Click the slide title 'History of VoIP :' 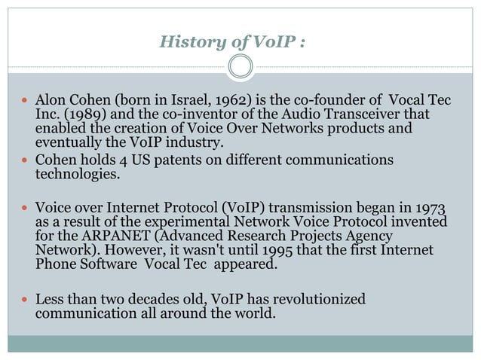click(232, 41)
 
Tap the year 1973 click(429, 208)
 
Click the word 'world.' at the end click(254, 313)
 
